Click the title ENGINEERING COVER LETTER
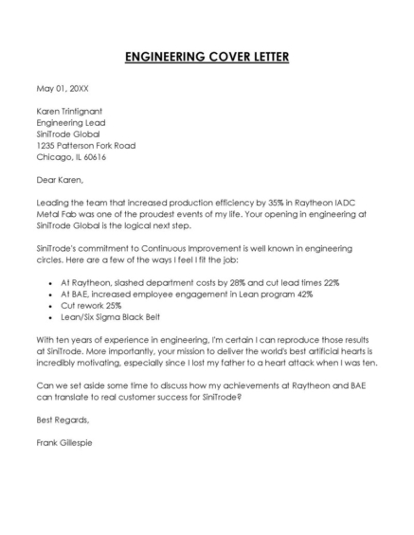pos(207,57)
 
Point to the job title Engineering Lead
pos(70,122)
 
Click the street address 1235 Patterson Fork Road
pos(85,145)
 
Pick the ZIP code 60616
pos(97,157)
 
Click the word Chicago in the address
pos(52,157)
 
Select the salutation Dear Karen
pos(60,180)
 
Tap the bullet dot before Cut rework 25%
pos(49,305)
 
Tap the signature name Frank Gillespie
pos(64,442)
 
